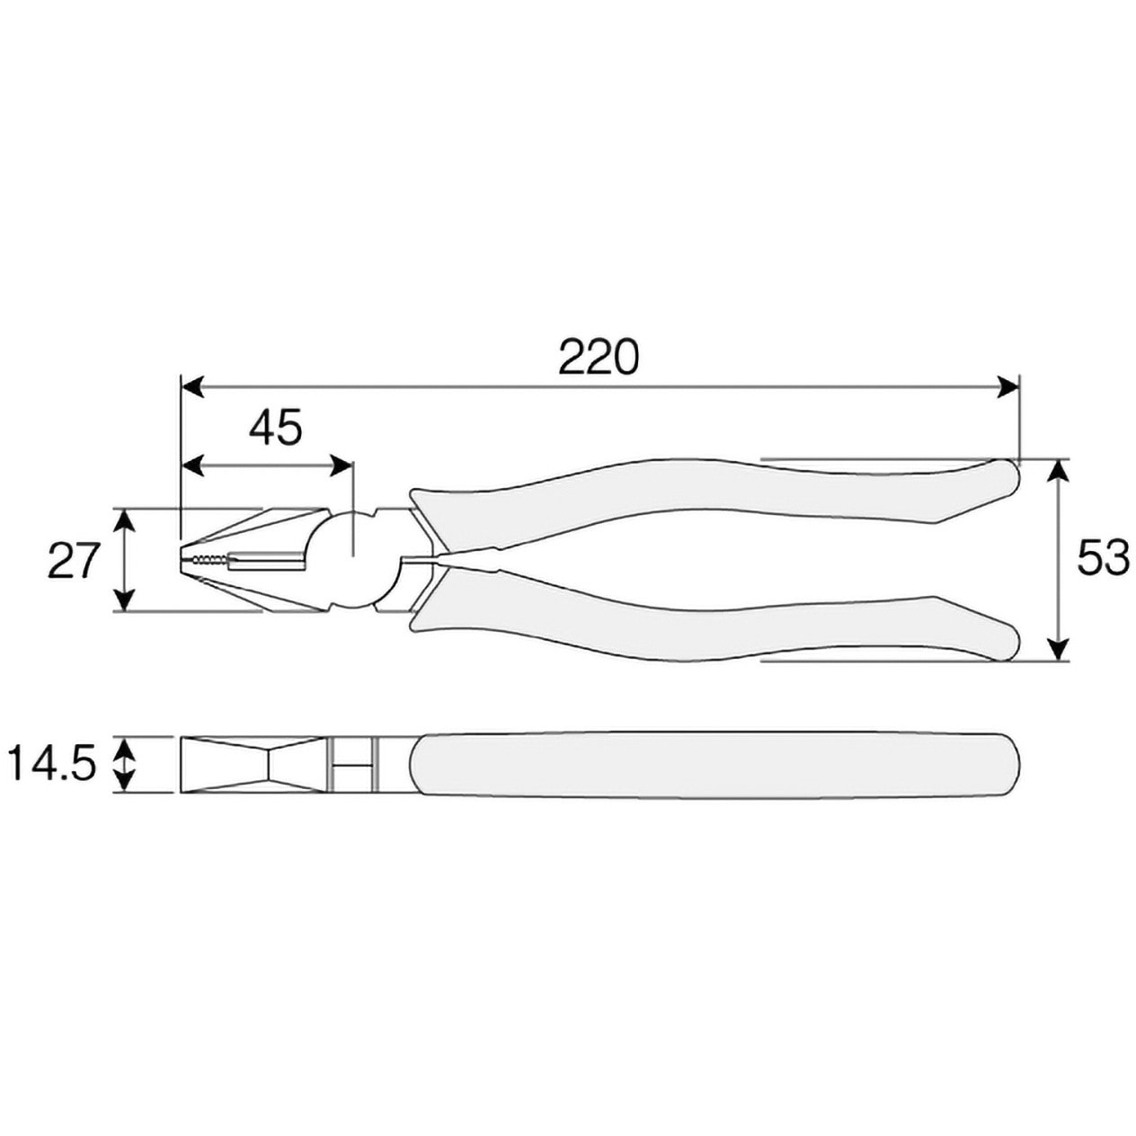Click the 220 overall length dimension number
pyautogui.click(x=599, y=356)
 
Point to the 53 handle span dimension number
pyautogui.click(x=1103, y=559)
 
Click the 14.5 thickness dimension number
pyautogui.click(x=52, y=763)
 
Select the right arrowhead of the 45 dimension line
pyautogui.click(x=340, y=466)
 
